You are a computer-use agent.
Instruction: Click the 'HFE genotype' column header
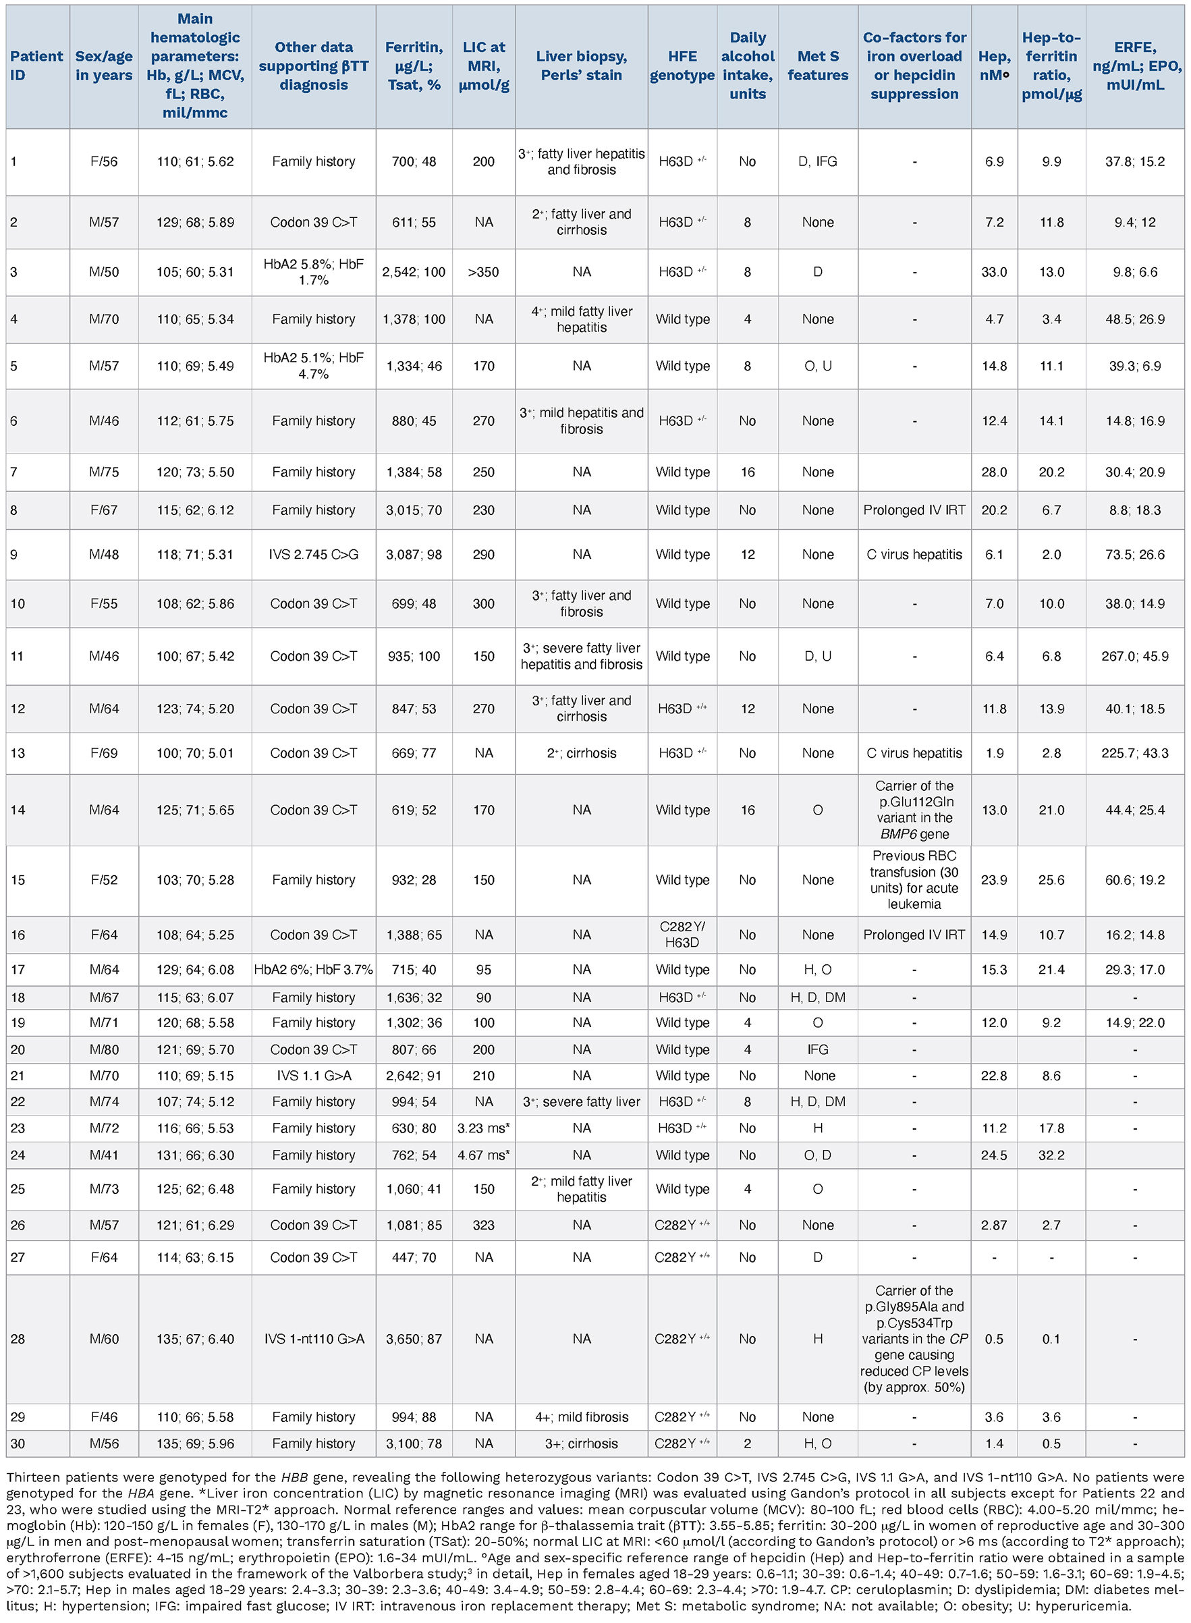pyautogui.click(x=682, y=65)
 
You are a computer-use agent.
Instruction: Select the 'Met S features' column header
pyautogui.click(x=818, y=65)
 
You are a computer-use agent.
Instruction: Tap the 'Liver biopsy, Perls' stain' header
pyautogui.click(x=581, y=65)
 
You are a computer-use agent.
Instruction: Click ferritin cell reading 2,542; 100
pyautogui.click(x=414, y=272)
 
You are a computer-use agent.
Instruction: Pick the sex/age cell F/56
pyautogui.click(x=104, y=161)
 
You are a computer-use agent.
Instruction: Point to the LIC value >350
pyautogui.click(x=483, y=272)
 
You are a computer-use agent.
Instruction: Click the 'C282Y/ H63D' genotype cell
pyautogui.click(x=682, y=935)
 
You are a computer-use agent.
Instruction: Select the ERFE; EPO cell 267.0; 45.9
pyautogui.click(x=1135, y=656)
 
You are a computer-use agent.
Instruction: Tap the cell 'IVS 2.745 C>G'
pyautogui.click(x=314, y=555)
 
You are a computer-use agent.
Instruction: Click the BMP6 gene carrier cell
pyautogui.click(x=914, y=810)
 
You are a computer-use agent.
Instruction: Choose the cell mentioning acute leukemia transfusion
pyautogui.click(x=914, y=879)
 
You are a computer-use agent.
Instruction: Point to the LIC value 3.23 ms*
pyautogui.click(x=483, y=1128)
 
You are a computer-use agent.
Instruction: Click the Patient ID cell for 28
pyautogui.click(x=18, y=1339)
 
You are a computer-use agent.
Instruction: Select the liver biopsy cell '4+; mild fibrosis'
pyautogui.click(x=581, y=1416)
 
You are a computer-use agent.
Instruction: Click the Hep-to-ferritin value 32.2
pyautogui.click(x=1051, y=1155)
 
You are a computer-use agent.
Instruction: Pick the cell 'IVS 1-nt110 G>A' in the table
pyautogui.click(x=314, y=1339)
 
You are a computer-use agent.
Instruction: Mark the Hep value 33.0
pyautogui.click(x=994, y=272)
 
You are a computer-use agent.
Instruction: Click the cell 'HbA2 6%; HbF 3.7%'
pyautogui.click(x=314, y=970)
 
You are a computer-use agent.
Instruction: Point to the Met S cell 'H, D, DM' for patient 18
pyautogui.click(x=818, y=997)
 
